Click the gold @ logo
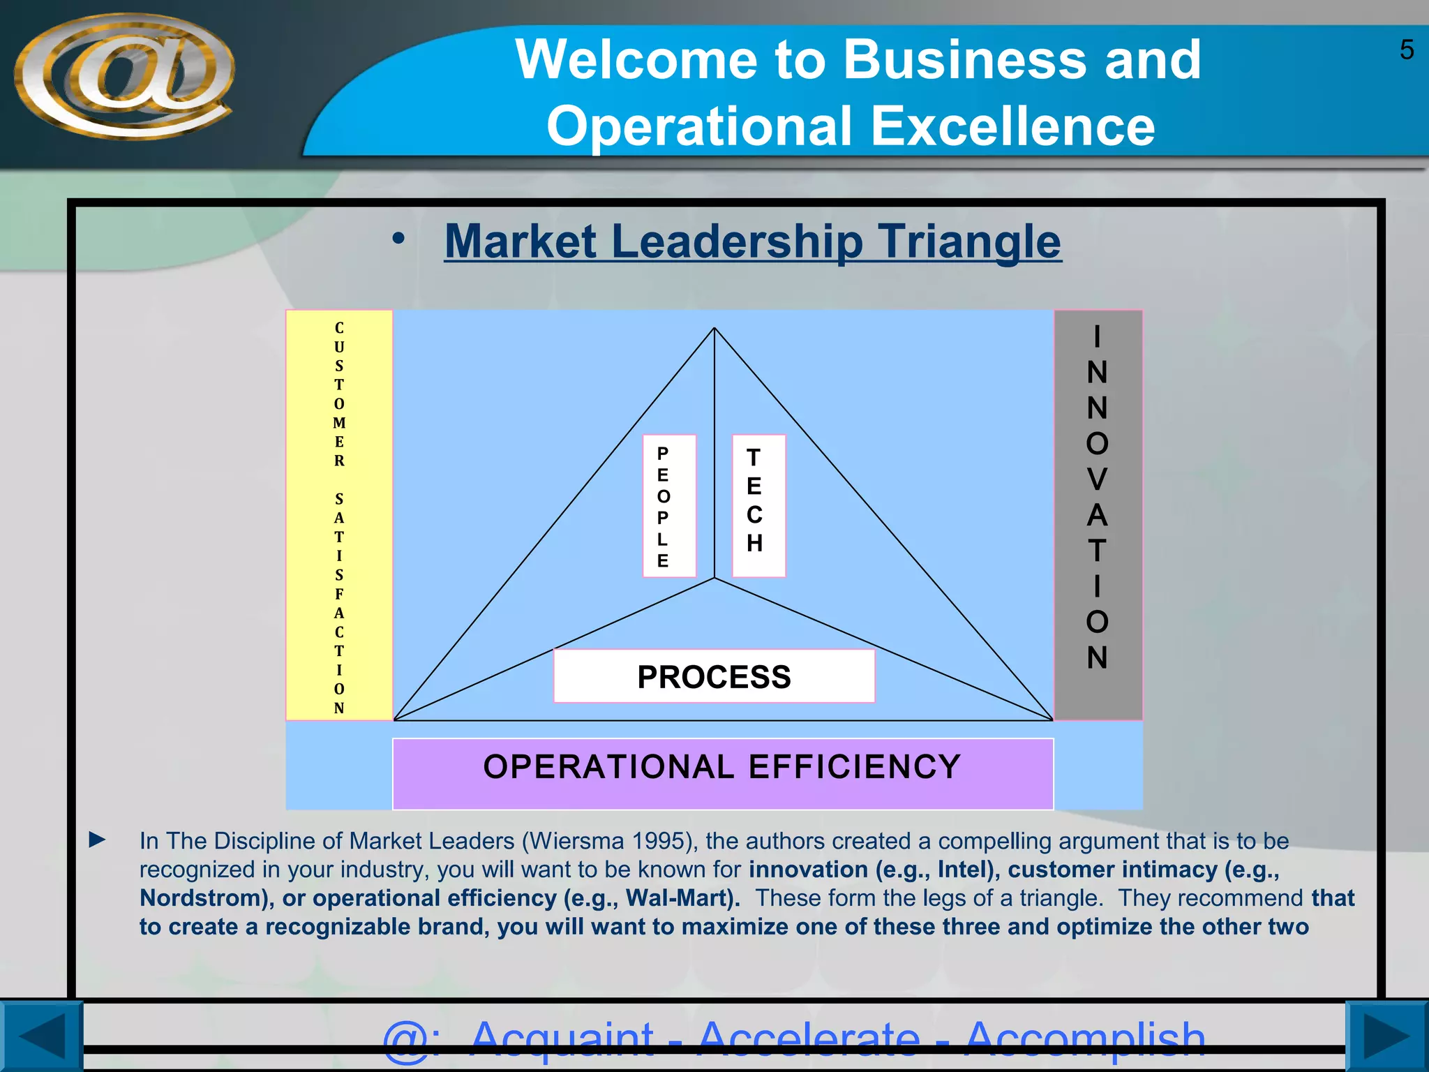(124, 75)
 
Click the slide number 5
(1407, 50)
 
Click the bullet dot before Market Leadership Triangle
(398, 239)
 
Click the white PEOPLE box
(668, 506)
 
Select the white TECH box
(758, 506)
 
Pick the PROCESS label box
(714, 676)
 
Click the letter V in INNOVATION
(1097, 479)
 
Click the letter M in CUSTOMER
(339, 423)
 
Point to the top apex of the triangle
(714, 329)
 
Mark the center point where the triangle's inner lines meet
(714, 578)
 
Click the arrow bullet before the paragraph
(98, 840)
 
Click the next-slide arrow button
(1386, 1036)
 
